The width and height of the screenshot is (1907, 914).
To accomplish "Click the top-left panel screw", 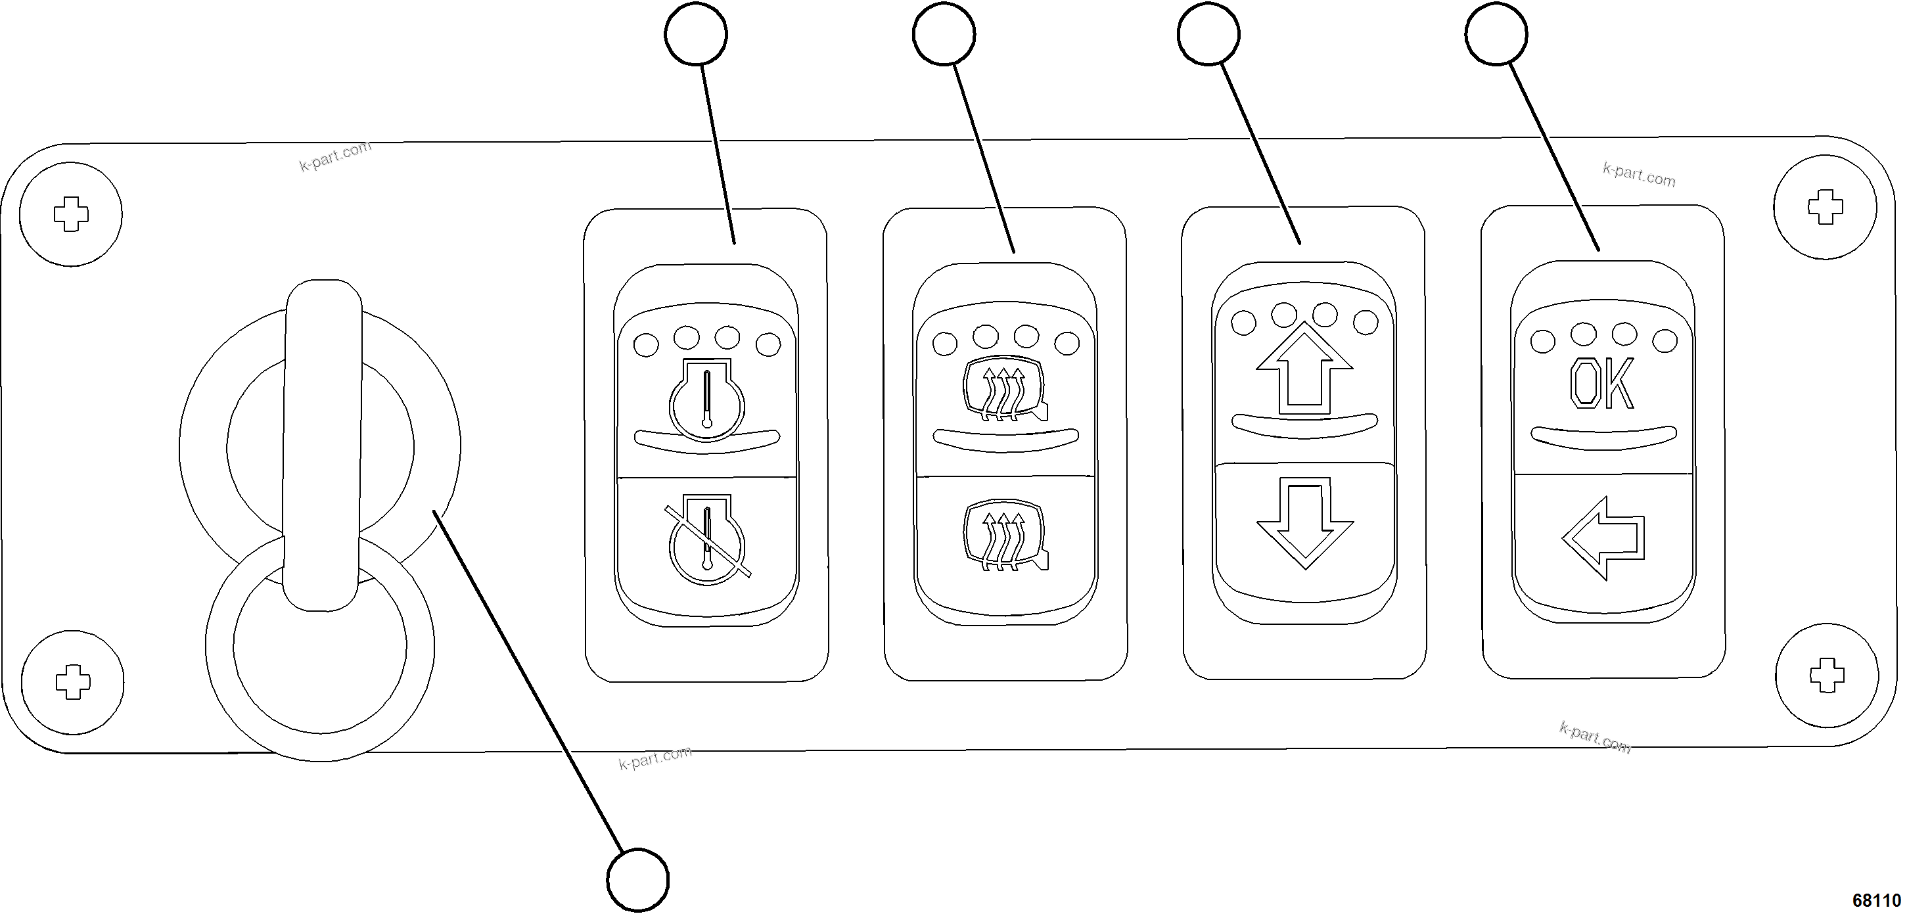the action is (71, 215).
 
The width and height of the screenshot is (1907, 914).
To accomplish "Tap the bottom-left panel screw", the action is (72, 681).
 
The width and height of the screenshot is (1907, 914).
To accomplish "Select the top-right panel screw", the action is (1826, 207).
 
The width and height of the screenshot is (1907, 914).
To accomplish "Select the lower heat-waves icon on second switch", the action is (1005, 538).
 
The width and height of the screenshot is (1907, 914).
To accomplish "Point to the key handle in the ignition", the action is (323, 444).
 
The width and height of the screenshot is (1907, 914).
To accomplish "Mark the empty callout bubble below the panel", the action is (637, 880).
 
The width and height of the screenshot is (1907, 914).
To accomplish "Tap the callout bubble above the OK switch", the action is (1496, 34).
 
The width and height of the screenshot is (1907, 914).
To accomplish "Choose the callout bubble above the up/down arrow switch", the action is (1208, 34).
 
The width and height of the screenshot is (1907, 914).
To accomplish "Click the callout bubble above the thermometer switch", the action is (696, 34).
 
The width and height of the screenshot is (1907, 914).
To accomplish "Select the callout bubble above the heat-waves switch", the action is (944, 34).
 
